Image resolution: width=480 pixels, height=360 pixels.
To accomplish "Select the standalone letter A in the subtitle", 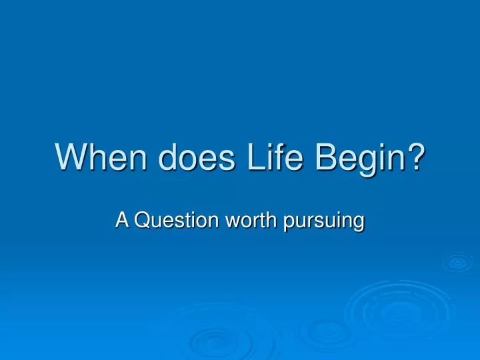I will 123,219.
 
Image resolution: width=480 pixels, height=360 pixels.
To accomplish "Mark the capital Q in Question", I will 143,219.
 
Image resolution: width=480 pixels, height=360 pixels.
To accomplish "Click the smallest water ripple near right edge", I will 457,263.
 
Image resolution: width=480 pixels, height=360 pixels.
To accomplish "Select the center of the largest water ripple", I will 394,312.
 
